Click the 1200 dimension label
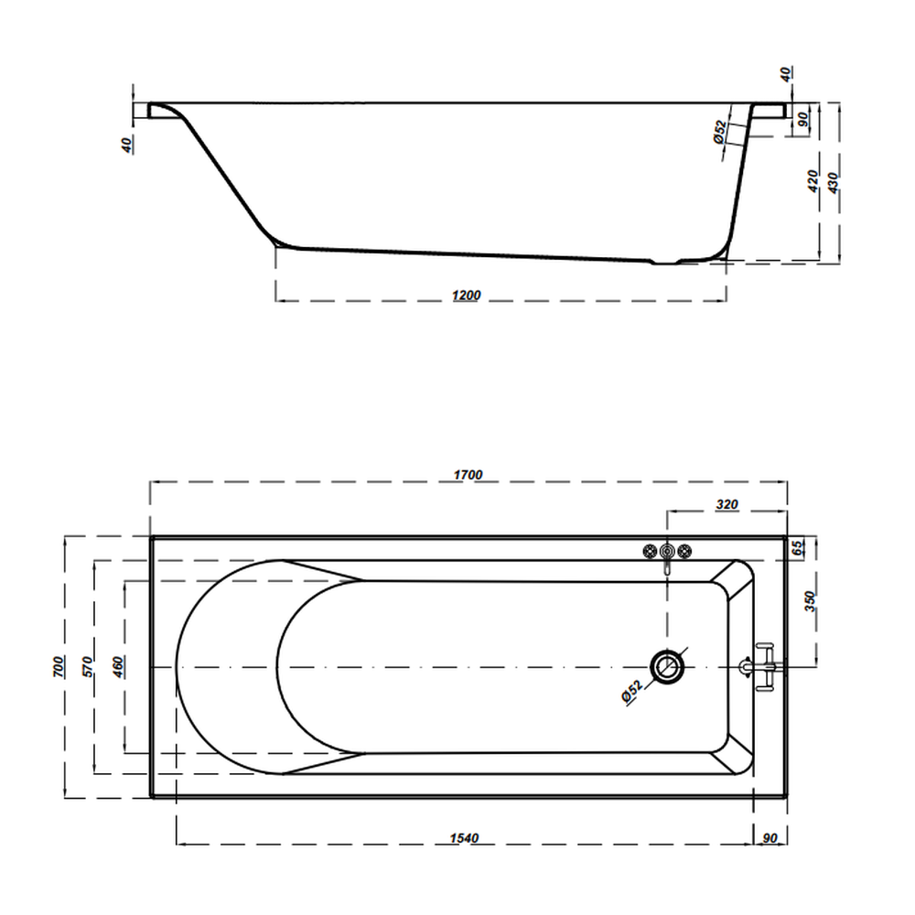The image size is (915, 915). [467, 296]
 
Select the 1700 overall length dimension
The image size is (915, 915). [468, 475]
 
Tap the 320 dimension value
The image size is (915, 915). [727, 504]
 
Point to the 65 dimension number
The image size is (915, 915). [798, 547]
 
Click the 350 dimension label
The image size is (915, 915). [810, 601]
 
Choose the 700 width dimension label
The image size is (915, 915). [59, 667]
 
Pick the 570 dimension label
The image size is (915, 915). [88, 667]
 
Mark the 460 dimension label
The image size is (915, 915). [118, 667]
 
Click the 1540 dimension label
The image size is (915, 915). [464, 838]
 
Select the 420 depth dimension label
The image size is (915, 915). [813, 181]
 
